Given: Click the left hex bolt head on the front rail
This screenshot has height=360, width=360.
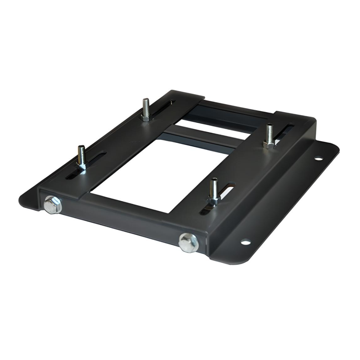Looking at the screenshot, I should [x=52, y=204].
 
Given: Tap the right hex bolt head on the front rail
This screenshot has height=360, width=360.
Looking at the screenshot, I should [x=188, y=242].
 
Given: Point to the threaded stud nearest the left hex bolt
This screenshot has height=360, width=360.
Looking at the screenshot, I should [x=81, y=157].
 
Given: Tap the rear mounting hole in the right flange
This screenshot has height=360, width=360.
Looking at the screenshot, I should [x=318, y=158].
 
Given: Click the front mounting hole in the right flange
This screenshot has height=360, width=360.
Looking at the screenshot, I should [x=245, y=242].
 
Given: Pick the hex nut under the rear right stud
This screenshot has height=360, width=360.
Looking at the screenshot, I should [x=269, y=144].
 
